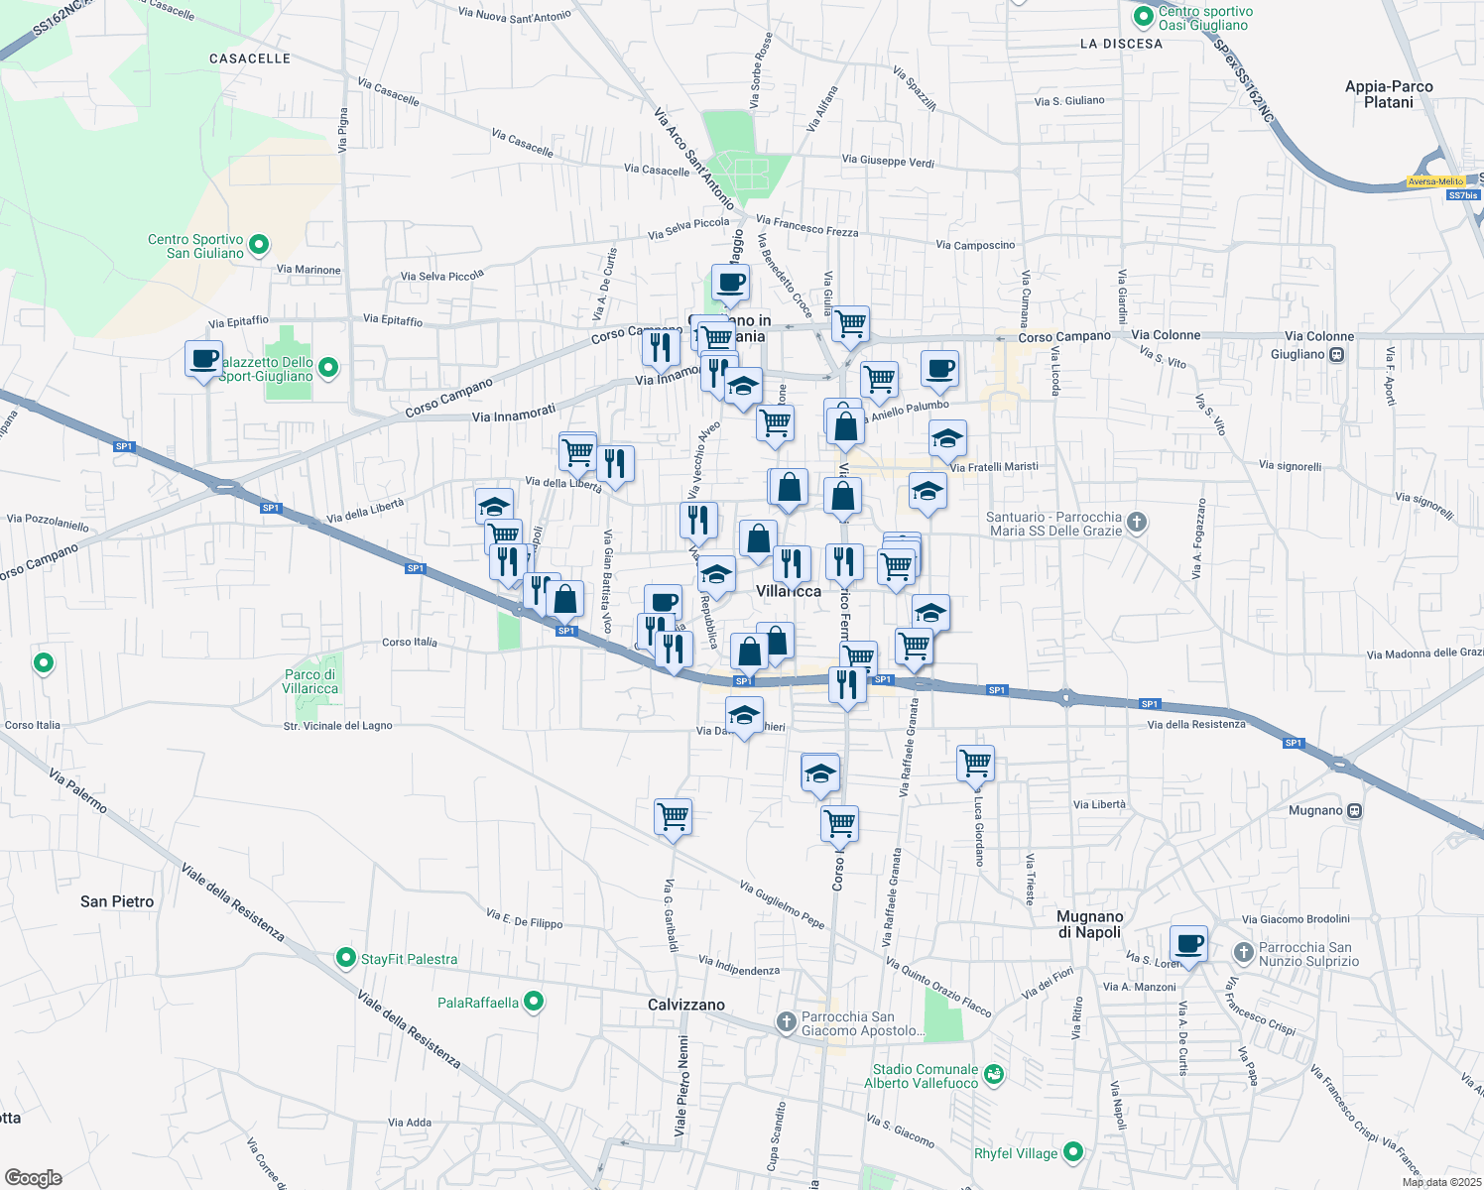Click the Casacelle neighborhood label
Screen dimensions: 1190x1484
250,59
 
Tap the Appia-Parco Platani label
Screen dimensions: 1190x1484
1389,94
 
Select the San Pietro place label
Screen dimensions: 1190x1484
117,901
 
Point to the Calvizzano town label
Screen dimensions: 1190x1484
686,1005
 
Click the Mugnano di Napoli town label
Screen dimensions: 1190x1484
1089,924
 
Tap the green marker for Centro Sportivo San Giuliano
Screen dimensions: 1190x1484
259,243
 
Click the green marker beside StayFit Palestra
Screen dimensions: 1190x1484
345,958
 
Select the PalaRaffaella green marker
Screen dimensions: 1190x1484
534,1002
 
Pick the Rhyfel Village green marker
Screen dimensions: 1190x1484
1072,1152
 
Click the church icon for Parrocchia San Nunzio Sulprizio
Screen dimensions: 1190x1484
1243,952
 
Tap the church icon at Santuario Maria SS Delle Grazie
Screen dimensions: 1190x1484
1137,521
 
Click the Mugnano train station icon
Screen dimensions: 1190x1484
1355,810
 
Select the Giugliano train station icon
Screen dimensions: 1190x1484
1337,354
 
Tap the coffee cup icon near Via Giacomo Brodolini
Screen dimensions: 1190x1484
1188,943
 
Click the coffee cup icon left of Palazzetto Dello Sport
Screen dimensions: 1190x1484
204,359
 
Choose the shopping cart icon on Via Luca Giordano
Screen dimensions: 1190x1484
976,763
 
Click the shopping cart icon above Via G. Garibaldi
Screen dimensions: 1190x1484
674,817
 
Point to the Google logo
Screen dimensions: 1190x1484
33,1177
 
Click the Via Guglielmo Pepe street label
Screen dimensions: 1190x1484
783,904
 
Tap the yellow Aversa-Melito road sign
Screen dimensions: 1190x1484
1435,181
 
